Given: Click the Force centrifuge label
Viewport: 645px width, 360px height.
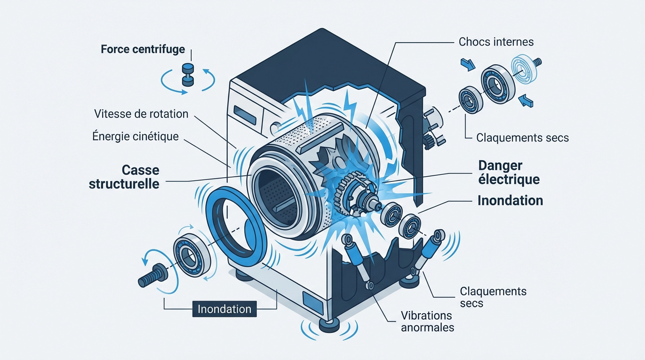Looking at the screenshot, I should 143,49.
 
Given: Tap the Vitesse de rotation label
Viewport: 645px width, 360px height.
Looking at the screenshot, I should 141,114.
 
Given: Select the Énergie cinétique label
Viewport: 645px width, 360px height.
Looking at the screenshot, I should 136,136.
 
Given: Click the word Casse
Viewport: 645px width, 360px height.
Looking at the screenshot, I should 141,170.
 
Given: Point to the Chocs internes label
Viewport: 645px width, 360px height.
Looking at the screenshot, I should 496,42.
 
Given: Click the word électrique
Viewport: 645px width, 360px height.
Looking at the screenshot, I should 509,179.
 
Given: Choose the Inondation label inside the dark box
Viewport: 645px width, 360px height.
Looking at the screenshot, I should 225,309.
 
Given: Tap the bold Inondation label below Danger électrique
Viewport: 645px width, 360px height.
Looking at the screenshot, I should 510,201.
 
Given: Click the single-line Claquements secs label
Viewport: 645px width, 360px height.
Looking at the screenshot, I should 522,138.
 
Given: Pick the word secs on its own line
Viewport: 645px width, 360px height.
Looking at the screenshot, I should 472,303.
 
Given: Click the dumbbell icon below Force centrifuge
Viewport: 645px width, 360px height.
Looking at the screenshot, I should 188,75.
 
